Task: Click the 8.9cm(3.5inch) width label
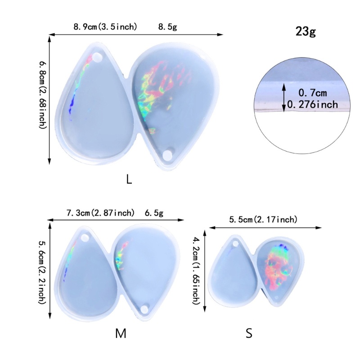tap(106, 27)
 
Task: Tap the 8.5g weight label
tap(167, 27)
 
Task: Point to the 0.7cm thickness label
tap(314, 93)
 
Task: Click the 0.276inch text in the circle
tap(318, 105)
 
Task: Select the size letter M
tap(120, 333)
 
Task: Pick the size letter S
tap(249, 333)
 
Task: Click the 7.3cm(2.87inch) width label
tap(99, 213)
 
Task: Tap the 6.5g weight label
tap(154, 213)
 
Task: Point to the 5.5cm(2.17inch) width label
tap(263, 220)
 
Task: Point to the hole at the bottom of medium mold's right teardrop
tap(145, 309)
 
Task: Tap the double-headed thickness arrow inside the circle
tap(283, 98)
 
